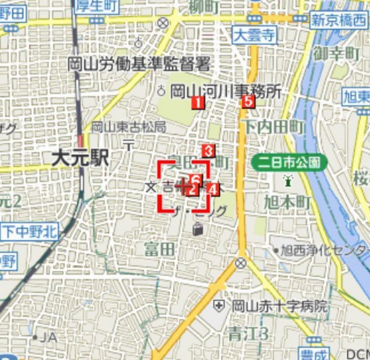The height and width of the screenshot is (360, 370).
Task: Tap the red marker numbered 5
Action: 248,101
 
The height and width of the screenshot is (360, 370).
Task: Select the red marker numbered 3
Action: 208,151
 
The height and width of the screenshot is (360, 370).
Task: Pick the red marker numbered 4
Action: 212,189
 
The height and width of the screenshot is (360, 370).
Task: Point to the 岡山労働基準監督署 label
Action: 138,64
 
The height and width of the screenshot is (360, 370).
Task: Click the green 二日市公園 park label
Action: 289,161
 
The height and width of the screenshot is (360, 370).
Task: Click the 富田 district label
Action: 160,248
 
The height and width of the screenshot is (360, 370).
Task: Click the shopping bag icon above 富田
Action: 198,229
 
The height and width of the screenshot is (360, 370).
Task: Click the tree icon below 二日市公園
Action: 288,180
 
